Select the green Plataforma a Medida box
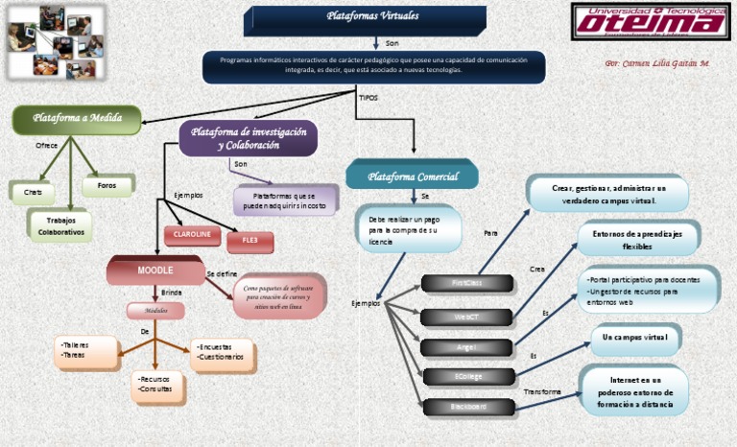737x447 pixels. (77, 119)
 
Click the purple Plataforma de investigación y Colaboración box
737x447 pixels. (249, 138)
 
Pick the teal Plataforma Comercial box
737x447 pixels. (412, 176)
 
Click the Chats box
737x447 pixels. (33, 192)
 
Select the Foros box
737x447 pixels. (107, 185)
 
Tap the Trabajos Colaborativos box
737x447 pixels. (60, 226)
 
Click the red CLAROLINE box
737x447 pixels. (192, 234)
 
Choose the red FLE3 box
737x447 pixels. (250, 239)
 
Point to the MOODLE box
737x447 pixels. (155, 271)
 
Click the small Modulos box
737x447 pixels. (155, 311)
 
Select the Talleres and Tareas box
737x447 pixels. (86, 350)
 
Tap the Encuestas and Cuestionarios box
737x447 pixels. (221, 353)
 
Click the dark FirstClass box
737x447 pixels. (467, 283)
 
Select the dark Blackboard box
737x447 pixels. (467, 407)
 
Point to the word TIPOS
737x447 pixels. (368, 98)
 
